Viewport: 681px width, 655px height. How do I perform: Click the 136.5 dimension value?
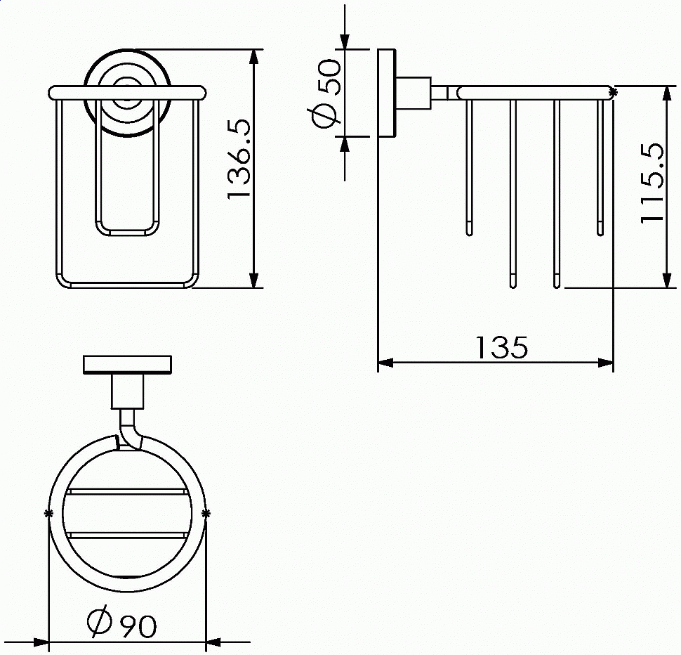239,160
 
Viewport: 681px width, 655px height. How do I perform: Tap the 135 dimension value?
502,347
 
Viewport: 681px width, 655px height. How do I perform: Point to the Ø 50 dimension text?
326,93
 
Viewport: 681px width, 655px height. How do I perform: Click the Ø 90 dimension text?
121,623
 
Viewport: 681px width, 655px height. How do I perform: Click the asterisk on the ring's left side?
48,513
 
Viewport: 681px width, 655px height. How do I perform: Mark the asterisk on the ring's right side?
206,514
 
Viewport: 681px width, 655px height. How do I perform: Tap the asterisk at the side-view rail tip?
613,91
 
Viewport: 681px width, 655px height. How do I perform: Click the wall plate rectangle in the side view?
386,93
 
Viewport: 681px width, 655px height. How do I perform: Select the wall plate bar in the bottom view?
127,365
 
